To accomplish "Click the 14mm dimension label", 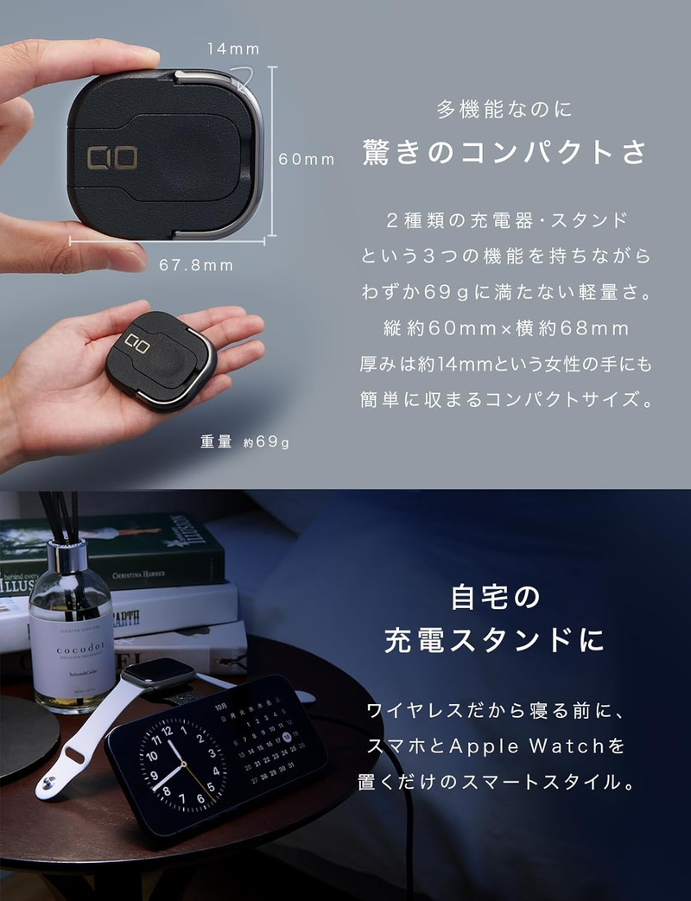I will (232, 49).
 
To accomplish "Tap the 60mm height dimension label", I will (306, 159).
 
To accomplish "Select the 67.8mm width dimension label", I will (196, 265).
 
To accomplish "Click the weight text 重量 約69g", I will (244, 442).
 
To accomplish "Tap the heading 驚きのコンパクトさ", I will (504, 152).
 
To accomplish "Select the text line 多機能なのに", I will (504, 110).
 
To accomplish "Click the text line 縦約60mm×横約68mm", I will (505, 328).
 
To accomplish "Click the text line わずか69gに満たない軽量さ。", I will (505, 292).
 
